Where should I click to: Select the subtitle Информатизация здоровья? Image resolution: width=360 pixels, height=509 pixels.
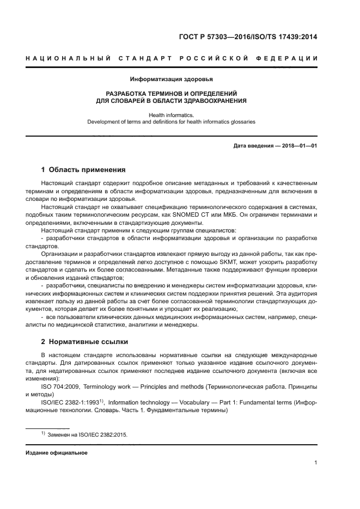pos(171,79)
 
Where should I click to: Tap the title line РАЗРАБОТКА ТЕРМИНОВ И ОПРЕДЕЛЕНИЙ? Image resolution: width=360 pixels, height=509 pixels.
pos(171,94)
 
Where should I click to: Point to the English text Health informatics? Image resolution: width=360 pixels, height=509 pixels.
pos(171,115)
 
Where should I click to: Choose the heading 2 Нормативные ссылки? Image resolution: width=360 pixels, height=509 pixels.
pos(84,342)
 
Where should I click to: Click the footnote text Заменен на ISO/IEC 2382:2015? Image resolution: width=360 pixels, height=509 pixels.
pos(87,435)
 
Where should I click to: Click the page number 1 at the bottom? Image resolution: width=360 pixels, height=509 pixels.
pos(315,463)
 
